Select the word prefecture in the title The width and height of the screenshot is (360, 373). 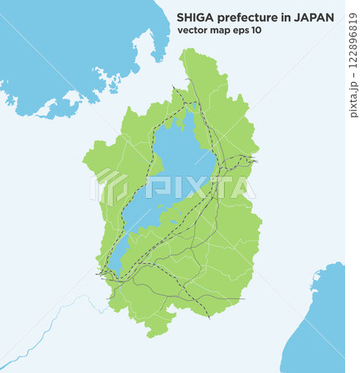(249, 17)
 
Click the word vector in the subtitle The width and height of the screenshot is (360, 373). (193, 31)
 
